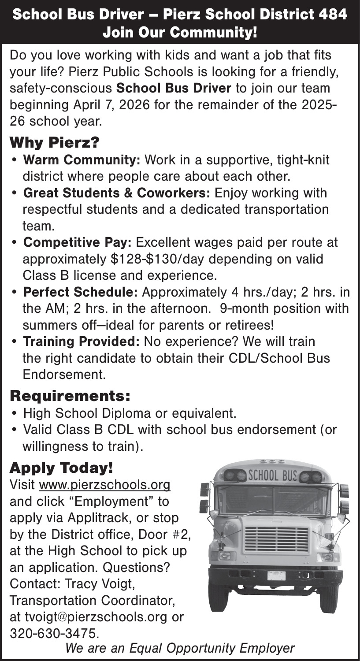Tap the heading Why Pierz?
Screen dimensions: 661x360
(55, 142)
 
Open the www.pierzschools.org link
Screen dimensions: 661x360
(105, 485)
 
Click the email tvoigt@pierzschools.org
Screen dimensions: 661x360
(96, 617)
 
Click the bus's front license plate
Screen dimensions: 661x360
(276, 576)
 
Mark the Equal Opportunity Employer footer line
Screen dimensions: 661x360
(180, 648)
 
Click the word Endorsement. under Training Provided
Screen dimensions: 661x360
(64, 375)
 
